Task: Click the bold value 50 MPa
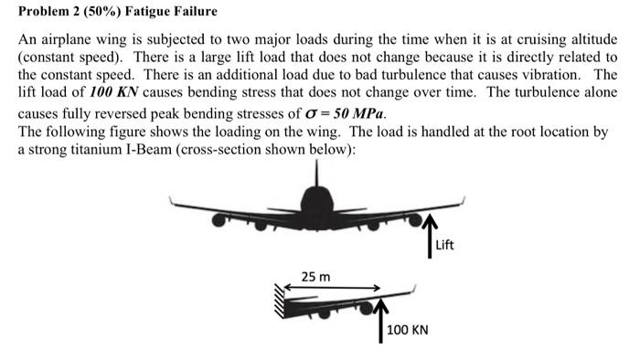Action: [357, 114]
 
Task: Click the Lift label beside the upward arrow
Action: [444, 245]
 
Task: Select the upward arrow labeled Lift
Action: [429, 237]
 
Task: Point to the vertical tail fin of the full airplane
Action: [316, 175]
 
